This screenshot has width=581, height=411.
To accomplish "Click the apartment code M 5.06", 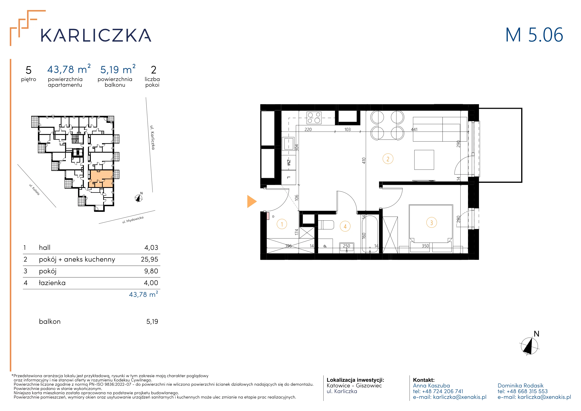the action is (x=534, y=35).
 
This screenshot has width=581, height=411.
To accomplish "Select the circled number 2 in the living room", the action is (x=388, y=159).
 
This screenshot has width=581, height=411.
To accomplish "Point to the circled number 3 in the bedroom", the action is (x=431, y=223).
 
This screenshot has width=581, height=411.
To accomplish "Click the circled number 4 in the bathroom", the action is (x=345, y=227).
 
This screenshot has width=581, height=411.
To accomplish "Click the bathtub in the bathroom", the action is (x=370, y=234).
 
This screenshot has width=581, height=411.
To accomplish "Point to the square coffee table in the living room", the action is (x=424, y=160).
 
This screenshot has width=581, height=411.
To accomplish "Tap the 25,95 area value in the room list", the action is (x=150, y=259).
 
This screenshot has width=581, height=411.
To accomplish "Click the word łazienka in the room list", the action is (x=52, y=283).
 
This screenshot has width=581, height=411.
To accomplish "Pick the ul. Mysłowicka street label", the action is (x=133, y=220).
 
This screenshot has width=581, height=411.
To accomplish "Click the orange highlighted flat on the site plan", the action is (x=101, y=179).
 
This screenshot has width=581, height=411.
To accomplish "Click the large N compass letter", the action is (x=536, y=334).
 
